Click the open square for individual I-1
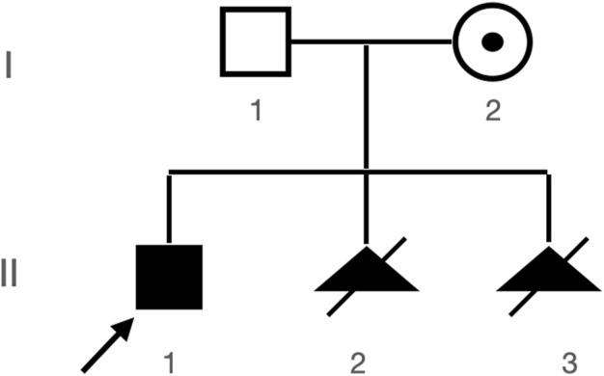(256, 41)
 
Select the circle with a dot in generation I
(492, 41)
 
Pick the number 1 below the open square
(256, 111)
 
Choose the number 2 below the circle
(492, 111)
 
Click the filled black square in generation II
(169, 277)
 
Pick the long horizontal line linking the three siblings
(270, 172)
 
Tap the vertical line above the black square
(169, 207)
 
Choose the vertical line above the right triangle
(547, 207)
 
